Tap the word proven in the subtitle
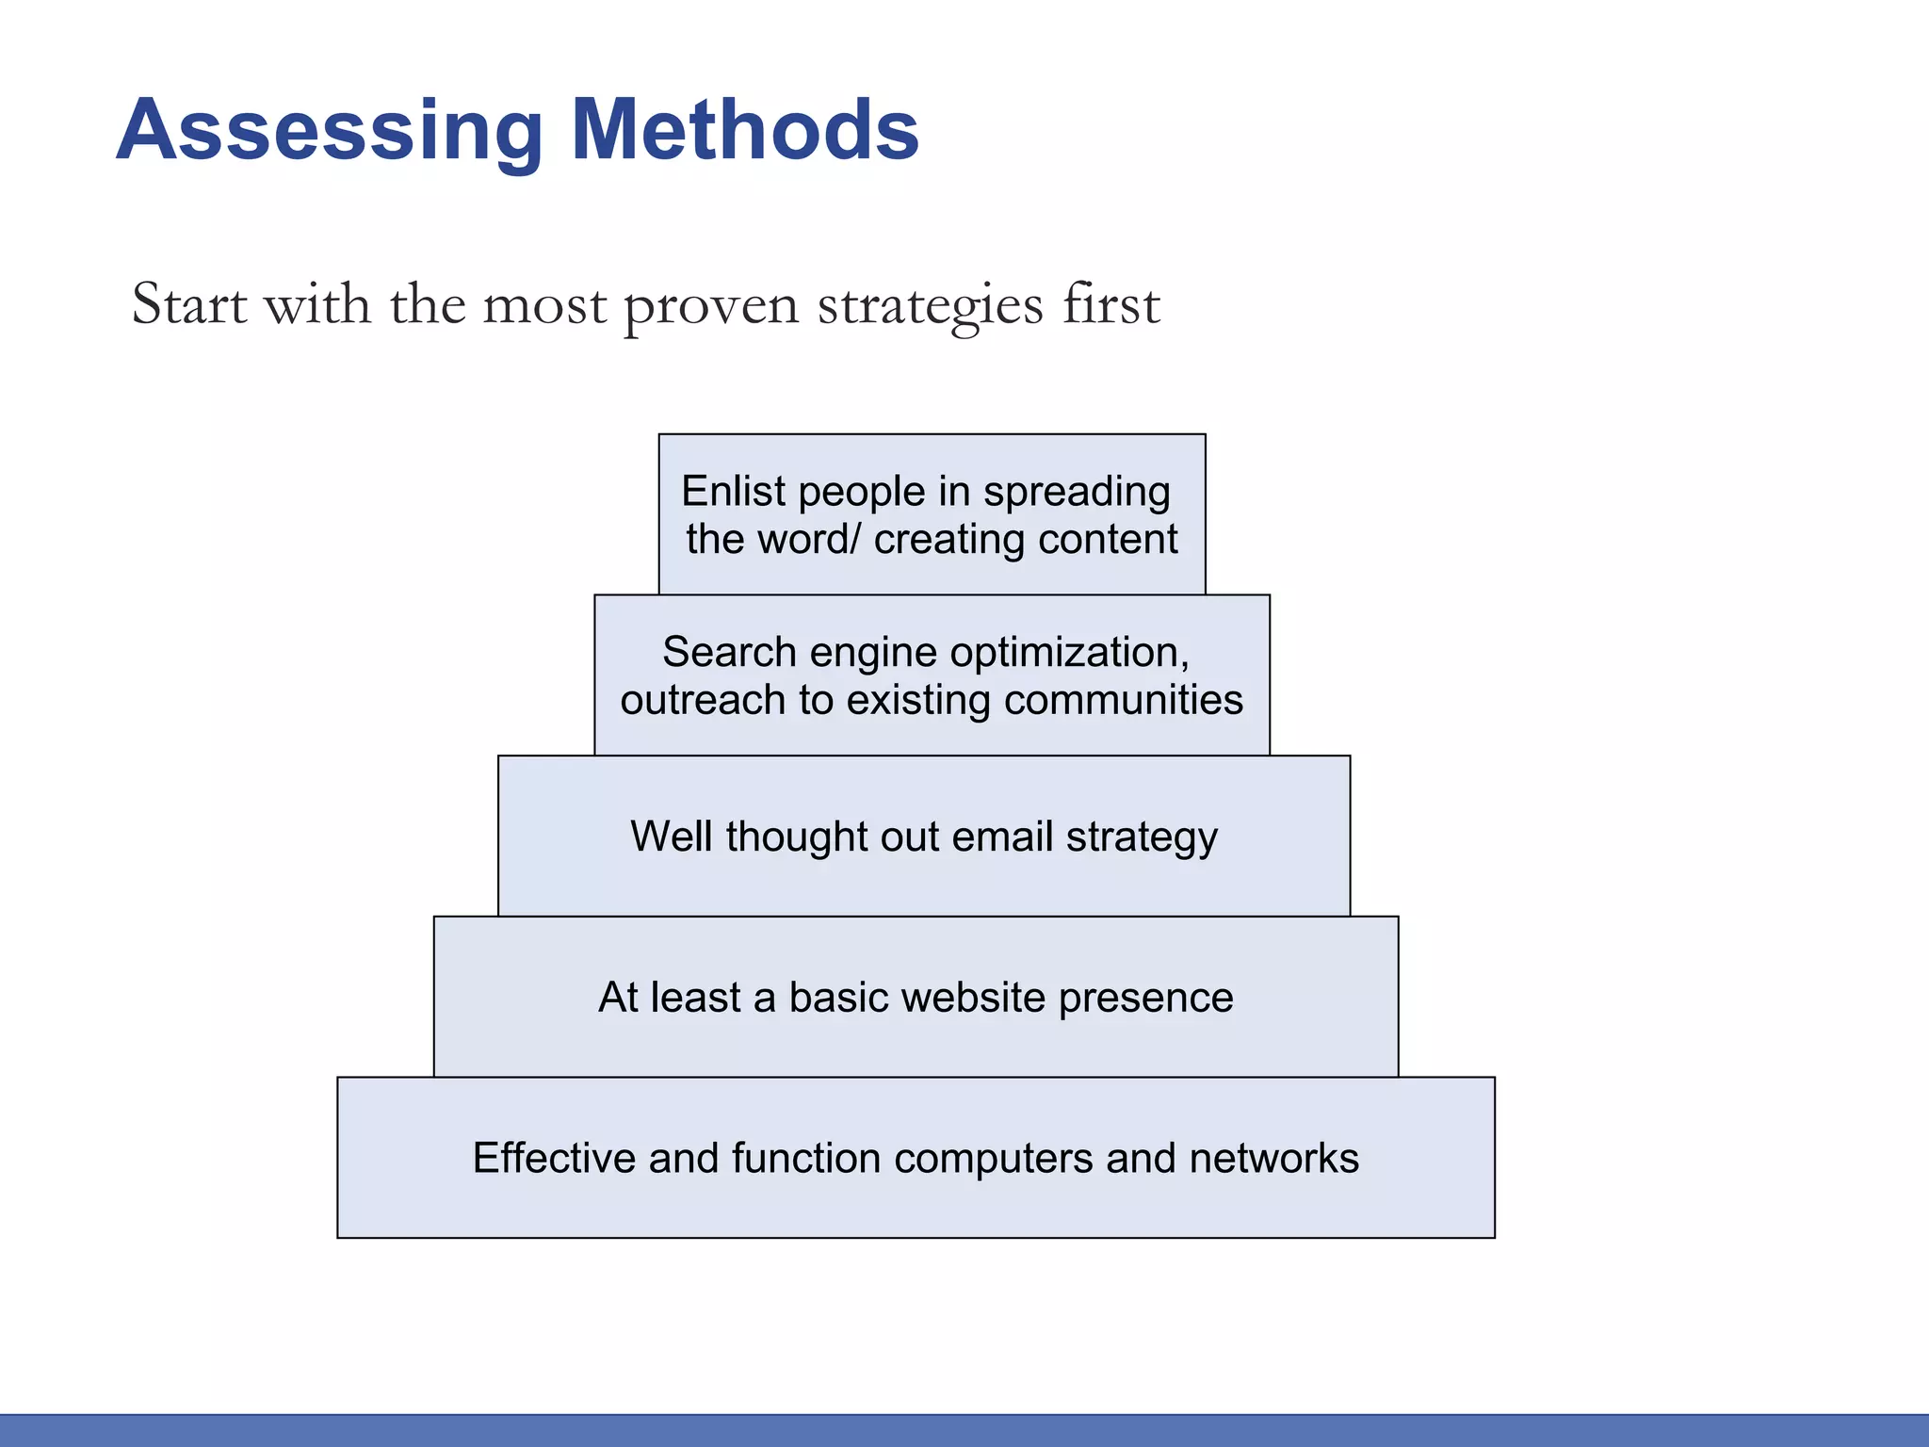point(711,307)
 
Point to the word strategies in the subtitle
point(930,307)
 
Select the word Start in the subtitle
point(189,305)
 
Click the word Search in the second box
point(729,652)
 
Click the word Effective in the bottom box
point(554,1158)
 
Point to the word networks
point(1273,1158)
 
